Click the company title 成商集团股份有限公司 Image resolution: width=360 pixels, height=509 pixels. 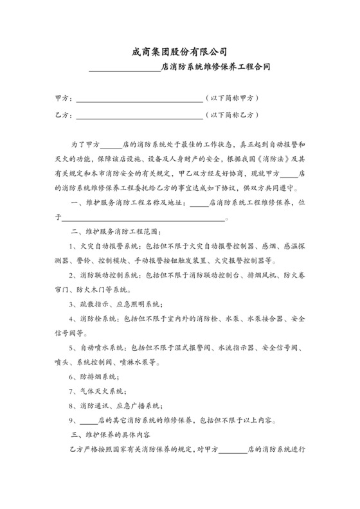point(179,51)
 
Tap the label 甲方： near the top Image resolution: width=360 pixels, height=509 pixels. point(64,99)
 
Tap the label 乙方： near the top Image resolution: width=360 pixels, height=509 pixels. point(64,116)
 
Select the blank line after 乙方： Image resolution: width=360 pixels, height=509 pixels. point(139,118)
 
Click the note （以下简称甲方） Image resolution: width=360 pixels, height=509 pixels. point(232,99)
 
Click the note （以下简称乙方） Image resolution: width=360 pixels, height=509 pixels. point(232,116)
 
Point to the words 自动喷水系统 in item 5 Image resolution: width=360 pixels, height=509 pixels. point(104,348)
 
